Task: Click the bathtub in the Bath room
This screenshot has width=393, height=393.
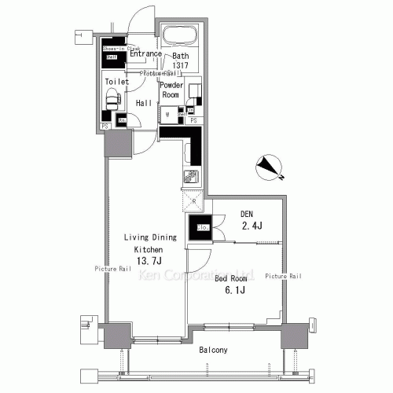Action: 180,36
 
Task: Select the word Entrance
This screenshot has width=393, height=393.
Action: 145,54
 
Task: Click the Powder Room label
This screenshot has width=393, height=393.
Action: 171,89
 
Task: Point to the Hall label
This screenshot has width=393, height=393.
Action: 144,103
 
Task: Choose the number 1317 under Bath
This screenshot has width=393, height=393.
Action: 182,65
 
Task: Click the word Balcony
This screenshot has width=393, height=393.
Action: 213,349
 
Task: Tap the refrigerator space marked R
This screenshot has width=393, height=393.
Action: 193,200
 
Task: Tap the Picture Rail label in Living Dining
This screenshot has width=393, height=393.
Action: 112,269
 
